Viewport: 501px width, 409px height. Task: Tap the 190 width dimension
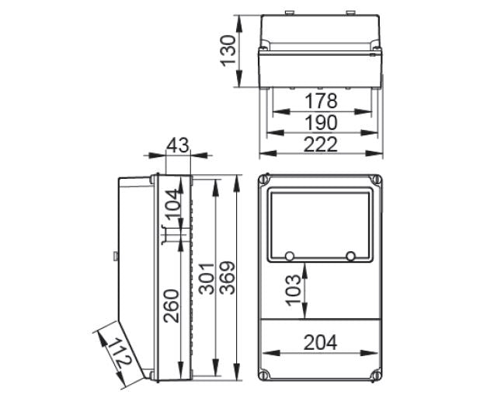point(320,123)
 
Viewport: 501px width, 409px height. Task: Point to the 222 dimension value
point(320,144)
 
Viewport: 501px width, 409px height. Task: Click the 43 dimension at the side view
point(178,145)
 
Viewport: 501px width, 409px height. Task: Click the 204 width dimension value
point(320,342)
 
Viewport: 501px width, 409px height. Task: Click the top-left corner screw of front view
point(265,181)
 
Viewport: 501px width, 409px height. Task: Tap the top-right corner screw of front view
point(375,181)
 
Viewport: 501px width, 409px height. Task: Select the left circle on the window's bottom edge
point(289,256)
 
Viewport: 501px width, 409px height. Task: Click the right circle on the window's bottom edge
point(351,256)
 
